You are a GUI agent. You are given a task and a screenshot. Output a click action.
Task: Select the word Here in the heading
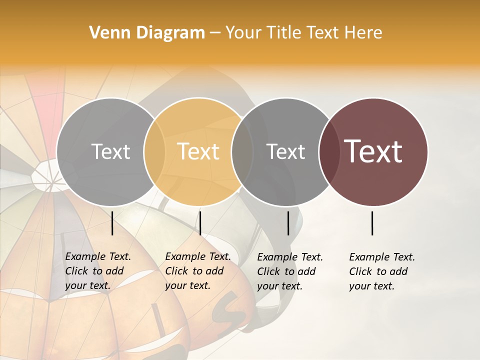coord(363,33)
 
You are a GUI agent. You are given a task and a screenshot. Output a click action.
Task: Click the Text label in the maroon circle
coord(373,151)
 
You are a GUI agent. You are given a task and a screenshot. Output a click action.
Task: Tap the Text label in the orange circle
coord(198,151)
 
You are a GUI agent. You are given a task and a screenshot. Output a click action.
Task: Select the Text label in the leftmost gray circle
coord(111,151)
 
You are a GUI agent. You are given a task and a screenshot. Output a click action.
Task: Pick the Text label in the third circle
coord(286,151)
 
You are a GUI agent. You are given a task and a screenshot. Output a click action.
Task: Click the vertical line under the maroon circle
coord(372,223)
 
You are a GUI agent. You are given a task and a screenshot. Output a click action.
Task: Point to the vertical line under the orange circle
coord(200,223)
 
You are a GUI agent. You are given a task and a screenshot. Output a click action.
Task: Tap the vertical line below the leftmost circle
coord(112,223)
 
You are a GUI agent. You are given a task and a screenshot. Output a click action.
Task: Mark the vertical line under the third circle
coord(288,223)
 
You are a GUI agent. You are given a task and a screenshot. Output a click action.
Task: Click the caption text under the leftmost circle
coord(97,271)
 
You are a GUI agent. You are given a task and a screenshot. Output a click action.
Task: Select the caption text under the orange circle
coord(197,271)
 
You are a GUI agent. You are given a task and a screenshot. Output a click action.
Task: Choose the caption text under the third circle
coord(289,271)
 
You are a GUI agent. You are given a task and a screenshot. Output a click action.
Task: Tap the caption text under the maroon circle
coord(381,271)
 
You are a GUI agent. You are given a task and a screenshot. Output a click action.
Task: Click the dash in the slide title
coord(215,33)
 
